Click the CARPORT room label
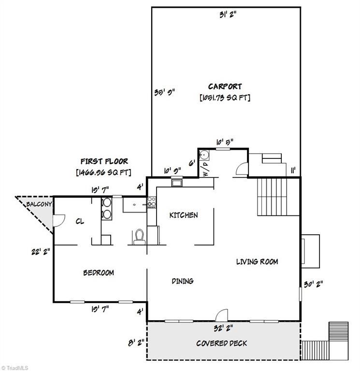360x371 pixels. (225, 86)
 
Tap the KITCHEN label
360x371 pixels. (183, 215)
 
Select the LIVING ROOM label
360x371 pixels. (257, 262)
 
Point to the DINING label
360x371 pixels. (183, 281)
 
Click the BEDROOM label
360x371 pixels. (99, 273)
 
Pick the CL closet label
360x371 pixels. (80, 222)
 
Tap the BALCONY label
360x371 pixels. (38, 204)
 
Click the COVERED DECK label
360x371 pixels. (221, 343)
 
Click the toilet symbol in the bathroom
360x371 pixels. (140, 236)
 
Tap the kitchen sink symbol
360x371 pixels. (176, 183)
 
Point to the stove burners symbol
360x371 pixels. (152, 202)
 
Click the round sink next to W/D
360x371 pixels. (204, 155)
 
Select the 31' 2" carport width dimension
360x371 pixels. (226, 15)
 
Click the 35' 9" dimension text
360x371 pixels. (164, 92)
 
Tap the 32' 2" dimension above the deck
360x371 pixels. (223, 328)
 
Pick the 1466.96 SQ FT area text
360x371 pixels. (103, 171)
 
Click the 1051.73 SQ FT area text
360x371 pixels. (225, 98)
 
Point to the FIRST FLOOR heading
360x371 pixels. (104, 161)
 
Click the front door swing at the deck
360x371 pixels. (221, 314)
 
